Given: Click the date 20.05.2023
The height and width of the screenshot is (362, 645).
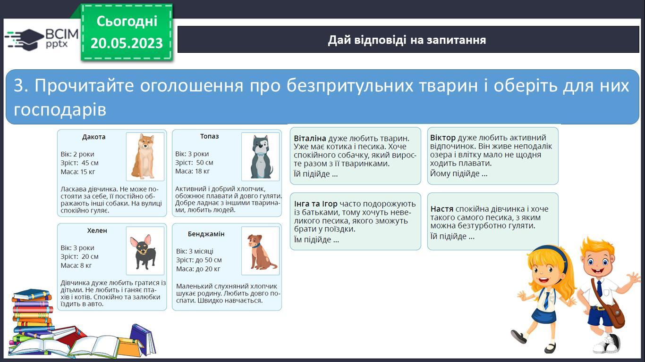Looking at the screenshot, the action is [127, 43].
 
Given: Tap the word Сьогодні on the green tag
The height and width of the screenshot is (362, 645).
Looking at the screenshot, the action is [127, 21].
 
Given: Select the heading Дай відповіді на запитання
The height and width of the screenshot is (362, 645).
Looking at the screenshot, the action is [407, 40].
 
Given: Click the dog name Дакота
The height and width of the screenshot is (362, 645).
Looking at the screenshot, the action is [94, 137].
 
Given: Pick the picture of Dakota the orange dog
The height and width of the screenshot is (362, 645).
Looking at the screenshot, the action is [145, 156].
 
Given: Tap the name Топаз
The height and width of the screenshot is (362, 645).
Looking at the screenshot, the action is [209, 136].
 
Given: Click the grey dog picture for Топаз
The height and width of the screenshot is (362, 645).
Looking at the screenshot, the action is [260, 156].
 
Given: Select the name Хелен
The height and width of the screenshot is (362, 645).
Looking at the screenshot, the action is [97, 230].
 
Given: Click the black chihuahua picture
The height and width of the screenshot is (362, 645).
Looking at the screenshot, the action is [145, 251].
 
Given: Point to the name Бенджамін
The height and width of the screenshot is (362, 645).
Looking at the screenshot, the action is [206, 234].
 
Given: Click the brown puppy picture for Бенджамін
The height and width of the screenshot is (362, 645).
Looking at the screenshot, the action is [260, 251].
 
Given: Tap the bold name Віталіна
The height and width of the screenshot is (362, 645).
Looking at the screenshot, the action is [310, 138].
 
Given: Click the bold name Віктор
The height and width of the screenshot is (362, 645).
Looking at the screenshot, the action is [443, 138].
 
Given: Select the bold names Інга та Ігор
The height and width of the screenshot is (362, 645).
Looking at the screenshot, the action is [315, 204].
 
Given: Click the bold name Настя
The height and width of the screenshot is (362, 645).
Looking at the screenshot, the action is [441, 209].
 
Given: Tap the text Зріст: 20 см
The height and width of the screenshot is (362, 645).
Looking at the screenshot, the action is [79, 256].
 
